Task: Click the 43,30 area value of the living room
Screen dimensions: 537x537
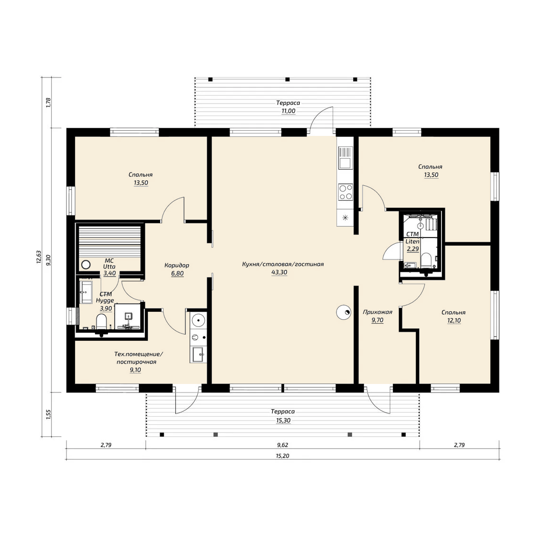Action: click(279, 273)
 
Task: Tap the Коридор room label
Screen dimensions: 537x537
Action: click(177, 265)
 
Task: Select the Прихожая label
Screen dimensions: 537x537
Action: click(377, 312)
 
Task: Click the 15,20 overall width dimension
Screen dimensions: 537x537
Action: click(283, 456)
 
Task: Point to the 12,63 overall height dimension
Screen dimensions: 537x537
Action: click(38, 257)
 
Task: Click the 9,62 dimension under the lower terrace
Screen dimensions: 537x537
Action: click(283, 445)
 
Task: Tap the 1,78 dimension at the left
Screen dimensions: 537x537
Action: click(48, 103)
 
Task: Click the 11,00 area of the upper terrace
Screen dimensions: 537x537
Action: click(288, 111)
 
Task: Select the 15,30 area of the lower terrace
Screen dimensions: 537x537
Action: click(283, 420)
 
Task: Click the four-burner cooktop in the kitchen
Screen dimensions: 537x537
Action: click(345, 192)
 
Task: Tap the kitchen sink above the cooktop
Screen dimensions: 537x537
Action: click(345, 158)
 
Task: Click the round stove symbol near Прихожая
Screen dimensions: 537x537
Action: click(344, 312)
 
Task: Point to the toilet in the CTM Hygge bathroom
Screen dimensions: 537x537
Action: click(101, 322)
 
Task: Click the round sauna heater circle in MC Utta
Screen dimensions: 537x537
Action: click(86, 265)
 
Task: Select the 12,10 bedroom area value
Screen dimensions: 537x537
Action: click(454, 321)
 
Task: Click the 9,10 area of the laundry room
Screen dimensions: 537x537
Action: click(135, 370)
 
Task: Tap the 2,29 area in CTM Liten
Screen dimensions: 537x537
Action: click(412, 249)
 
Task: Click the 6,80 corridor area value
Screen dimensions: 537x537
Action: click(177, 273)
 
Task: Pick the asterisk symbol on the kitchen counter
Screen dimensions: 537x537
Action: click(345, 218)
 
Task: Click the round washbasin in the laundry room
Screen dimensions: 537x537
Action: click(198, 321)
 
